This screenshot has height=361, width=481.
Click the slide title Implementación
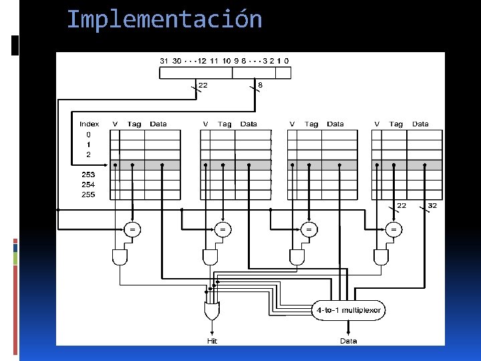[164, 19]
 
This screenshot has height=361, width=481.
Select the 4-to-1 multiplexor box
[348, 310]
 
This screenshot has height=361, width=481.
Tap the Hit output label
[212, 341]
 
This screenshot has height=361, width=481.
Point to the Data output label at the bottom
[348, 341]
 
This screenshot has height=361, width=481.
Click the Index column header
[89, 124]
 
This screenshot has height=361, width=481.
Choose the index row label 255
[88, 195]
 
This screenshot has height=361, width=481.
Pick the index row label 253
[88, 174]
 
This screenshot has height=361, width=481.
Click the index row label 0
[88, 134]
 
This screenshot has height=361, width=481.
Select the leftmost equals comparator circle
[132, 229]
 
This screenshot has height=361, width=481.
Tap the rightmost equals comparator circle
[393, 229]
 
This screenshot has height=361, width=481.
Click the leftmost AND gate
[120, 257]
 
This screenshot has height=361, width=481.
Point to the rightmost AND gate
[381, 257]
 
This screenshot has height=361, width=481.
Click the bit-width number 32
[432, 206]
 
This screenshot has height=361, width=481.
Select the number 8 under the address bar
[260, 85]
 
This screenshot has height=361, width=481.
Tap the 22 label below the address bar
[203, 85]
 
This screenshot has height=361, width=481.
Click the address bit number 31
[164, 61]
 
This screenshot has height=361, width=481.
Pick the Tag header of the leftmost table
[134, 124]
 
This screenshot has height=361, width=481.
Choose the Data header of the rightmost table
[420, 124]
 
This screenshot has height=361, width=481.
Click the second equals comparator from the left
[222, 229]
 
